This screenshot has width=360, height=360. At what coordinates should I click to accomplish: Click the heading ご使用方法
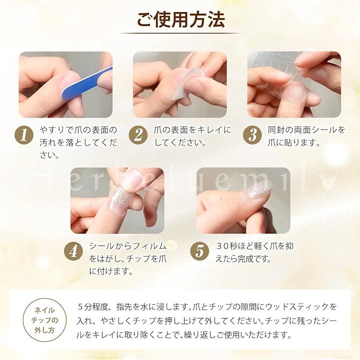(180, 19)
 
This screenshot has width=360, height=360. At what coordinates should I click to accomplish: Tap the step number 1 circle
(24, 135)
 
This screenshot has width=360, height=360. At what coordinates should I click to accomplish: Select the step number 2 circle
(138, 135)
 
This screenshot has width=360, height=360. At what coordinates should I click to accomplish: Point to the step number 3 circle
(252, 135)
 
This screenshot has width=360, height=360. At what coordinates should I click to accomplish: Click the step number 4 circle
(73, 251)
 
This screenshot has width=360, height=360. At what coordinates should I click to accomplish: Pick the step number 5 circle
(199, 251)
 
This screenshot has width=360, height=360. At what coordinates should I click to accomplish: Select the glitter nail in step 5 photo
(259, 188)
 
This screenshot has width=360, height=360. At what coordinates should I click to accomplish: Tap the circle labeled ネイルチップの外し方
(44, 320)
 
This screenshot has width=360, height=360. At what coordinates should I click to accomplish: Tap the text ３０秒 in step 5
(226, 246)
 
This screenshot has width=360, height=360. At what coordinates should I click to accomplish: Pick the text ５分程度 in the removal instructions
(92, 306)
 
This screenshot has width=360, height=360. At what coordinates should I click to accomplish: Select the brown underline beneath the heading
(179, 33)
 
